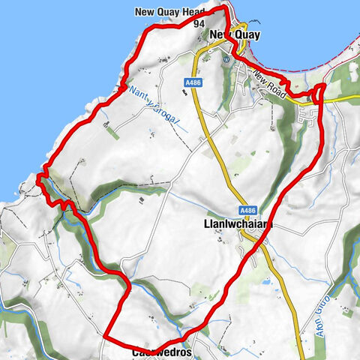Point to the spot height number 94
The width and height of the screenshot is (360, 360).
[x=199, y=24]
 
